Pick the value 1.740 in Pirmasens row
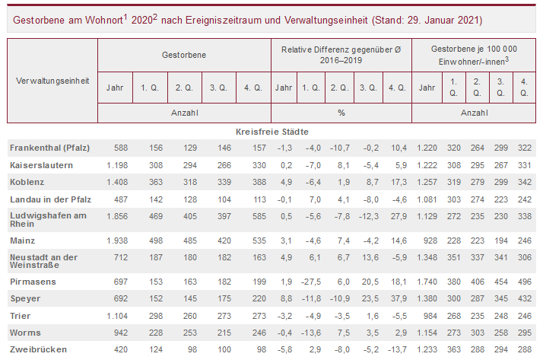(425, 282)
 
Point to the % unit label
(341, 113)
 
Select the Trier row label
(20, 315)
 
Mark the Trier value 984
(429, 315)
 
